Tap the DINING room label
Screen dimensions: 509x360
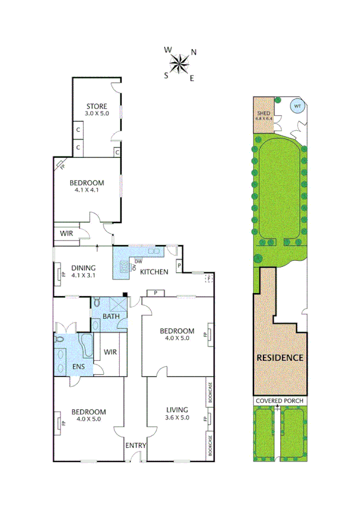click(x=83, y=269)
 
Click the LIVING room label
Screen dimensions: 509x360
click(x=177, y=409)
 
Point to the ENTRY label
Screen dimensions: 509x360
click(x=135, y=445)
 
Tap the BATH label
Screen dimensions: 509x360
click(x=111, y=316)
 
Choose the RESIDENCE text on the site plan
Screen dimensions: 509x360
click(x=280, y=357)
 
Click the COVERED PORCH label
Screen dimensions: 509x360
click(x=280, y=400)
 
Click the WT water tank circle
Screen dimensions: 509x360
click(x=297, y=107)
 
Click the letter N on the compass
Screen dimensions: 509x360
click(x=193, y=52)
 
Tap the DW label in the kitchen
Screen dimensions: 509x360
click(x=138, y=261)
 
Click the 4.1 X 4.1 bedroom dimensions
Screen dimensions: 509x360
click(x=87, y=190)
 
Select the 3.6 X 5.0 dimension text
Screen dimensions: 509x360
click(x=177, y=417)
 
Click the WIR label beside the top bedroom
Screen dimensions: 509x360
click(x=66, y=233)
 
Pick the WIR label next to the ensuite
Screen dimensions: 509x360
click(x=110, y=352)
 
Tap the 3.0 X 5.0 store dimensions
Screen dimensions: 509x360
click(x=97, y=113)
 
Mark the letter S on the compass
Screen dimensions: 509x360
click(x=167, y=75)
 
